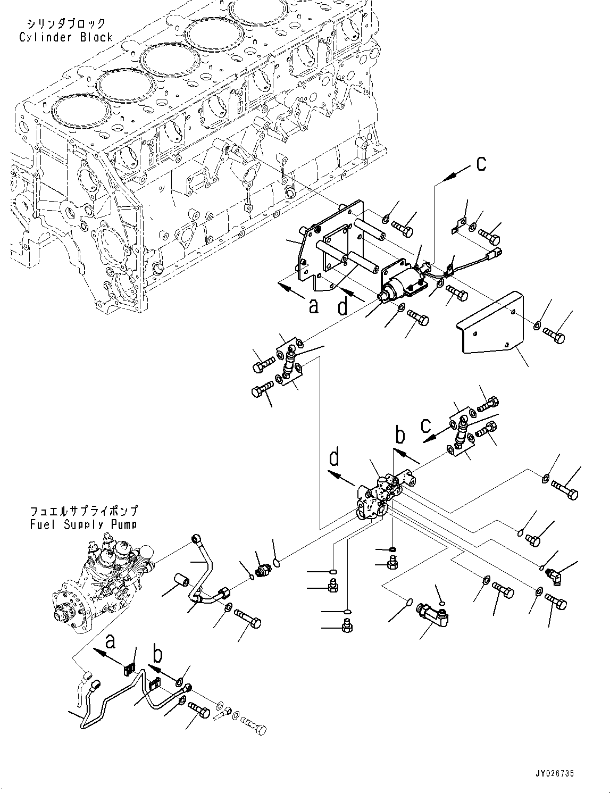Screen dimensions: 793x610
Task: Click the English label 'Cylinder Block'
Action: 66,37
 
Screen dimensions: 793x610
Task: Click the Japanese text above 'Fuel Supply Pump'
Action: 83,511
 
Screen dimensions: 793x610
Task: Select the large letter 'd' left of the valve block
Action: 335,458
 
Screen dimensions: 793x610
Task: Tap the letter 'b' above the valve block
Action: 400,436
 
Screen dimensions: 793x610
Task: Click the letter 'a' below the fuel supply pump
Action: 110,641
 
